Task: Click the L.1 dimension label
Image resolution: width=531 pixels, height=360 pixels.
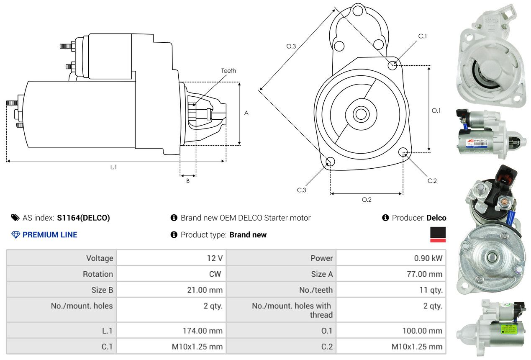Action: coord(113,167)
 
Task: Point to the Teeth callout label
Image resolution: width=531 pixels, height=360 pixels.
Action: coord(228,71)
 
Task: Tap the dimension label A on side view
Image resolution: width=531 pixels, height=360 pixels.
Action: coord(246,113)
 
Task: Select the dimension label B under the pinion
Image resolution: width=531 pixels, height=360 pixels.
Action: coord(188,181)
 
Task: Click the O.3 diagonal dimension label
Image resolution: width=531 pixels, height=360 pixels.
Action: coord(291,46)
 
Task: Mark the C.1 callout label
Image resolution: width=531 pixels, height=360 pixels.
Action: coord(423,36)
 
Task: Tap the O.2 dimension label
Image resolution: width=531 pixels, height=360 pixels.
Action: coord(367,200)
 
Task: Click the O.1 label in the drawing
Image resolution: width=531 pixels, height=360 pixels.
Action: coord(436,111)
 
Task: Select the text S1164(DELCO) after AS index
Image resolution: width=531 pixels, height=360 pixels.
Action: coord(83,218)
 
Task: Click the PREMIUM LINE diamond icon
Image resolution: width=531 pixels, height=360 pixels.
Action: coord(15,235)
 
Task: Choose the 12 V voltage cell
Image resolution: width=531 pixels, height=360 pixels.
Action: coord(215,258)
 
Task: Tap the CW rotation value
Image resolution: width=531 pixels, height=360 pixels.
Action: coord(215,274)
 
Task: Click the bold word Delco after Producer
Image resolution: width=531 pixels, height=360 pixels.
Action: coord(436,218)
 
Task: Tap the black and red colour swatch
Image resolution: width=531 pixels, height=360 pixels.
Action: coord(438,234)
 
